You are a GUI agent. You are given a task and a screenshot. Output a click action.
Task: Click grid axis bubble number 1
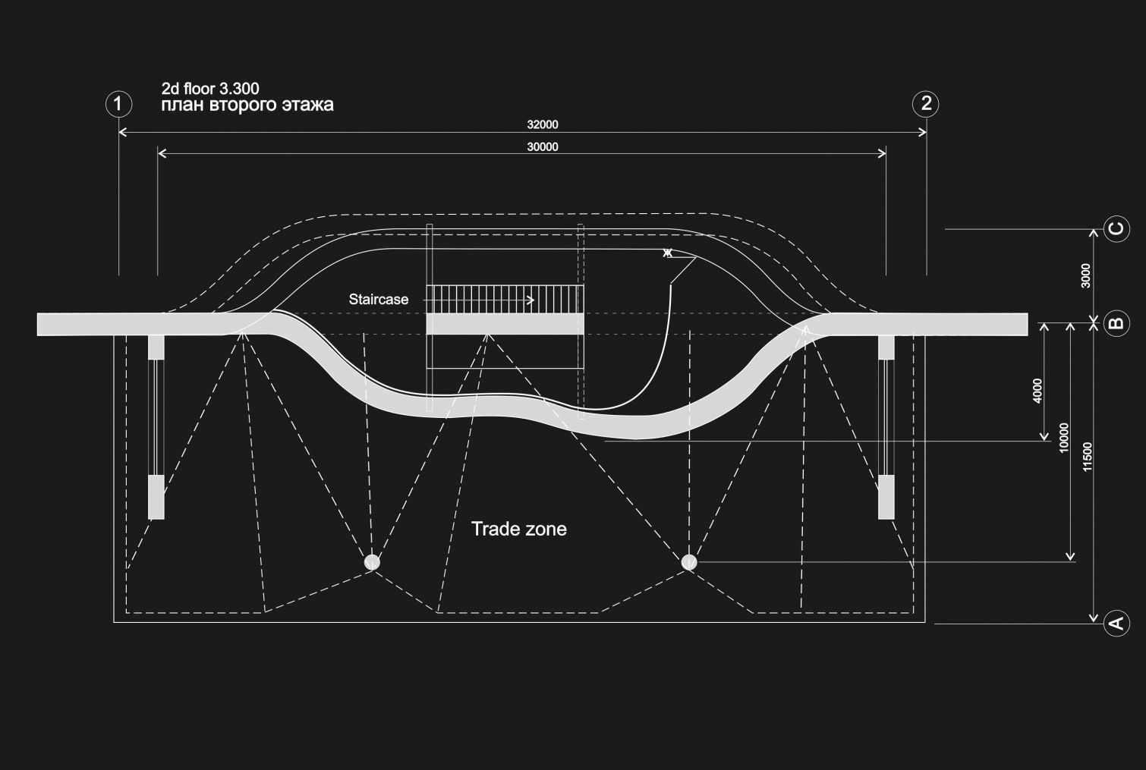pos(118,103)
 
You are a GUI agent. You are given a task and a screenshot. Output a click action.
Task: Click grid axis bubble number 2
pos(925,103)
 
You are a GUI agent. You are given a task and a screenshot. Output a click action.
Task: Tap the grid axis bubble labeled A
pos(1116,623)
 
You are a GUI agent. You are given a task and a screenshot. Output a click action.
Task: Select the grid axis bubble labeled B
pos(1116,324)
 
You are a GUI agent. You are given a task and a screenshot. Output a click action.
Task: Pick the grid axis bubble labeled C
pos(1116,228)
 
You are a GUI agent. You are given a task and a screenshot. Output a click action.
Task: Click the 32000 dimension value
pos(543,124)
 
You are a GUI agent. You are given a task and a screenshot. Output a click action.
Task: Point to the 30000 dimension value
pos(543,147)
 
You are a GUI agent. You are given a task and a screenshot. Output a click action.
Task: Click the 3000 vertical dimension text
pos(1085,275)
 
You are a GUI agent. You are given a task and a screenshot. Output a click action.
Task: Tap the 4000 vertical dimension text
pos(1037,390)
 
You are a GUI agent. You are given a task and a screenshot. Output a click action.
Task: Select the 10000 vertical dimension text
pos(1063,438)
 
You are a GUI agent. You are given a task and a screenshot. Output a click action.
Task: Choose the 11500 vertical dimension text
pos(1088,457)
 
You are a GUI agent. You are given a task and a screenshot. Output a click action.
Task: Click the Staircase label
pos(379,300)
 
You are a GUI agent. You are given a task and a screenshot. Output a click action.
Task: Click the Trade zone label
pos(519,529)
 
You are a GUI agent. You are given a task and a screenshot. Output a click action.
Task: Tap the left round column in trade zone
pos(372,562)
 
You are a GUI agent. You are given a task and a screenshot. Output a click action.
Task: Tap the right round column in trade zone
pos(689,562)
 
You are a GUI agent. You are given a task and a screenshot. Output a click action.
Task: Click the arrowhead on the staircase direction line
pos(530,300)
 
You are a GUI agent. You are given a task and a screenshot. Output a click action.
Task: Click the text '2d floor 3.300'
pos(210,90)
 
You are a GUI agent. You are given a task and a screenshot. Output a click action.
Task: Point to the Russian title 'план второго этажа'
pos(247,105)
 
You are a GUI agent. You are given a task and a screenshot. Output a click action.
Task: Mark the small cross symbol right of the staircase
pos(667,253)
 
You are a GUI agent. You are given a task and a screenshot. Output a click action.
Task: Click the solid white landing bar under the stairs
pos(505,324)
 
